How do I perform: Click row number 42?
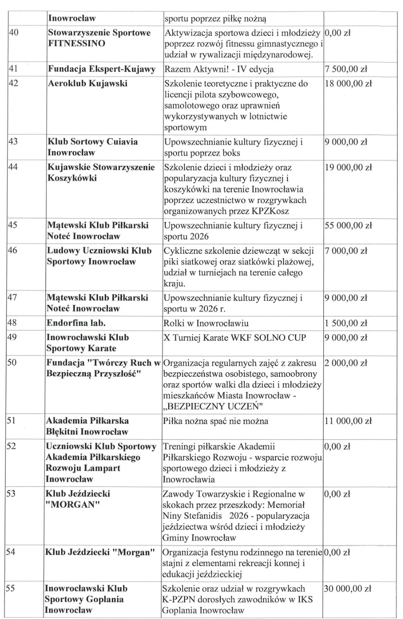click(x=13, y=84)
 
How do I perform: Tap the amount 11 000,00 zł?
click(x=348, y=421)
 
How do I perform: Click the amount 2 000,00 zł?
click(x=345, y=363)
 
